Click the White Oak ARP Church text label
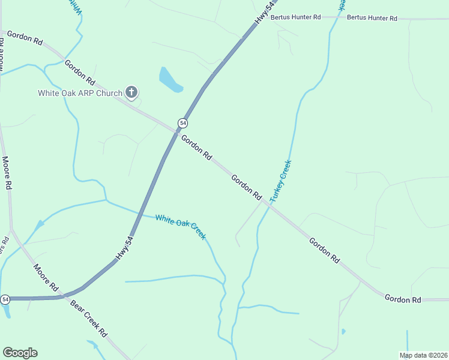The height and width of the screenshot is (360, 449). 80,93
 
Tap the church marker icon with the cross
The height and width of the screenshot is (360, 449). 132,92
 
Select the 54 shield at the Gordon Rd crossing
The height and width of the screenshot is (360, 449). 183,123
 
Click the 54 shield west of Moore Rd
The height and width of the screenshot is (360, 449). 5,299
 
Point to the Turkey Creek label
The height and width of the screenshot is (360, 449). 280,180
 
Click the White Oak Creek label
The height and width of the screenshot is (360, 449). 180,226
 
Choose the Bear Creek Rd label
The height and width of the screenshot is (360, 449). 88,323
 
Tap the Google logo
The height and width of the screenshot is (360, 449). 20,353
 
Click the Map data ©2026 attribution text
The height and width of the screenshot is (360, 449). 423,355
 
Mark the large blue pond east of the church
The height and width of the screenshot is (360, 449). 170,80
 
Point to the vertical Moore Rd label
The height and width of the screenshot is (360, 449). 7,173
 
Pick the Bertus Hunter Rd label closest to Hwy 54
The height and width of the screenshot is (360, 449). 295,17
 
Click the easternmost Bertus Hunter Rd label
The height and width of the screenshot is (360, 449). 372,19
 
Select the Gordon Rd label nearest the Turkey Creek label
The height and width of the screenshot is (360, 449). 247,187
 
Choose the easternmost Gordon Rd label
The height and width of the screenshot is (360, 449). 403,298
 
